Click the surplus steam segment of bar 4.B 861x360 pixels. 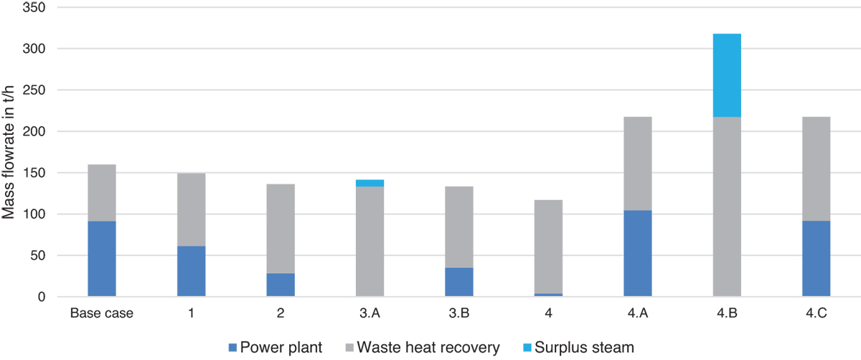[727, 75]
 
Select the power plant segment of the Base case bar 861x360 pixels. [101, 259]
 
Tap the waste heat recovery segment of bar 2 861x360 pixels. [280, 229]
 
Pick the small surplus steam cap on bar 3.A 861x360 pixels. [370, 183]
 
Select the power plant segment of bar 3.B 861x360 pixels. [458, 282]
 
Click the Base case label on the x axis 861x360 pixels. [101, 314]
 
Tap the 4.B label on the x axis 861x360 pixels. [726, 314]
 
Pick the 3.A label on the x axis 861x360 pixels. [370, 314]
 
